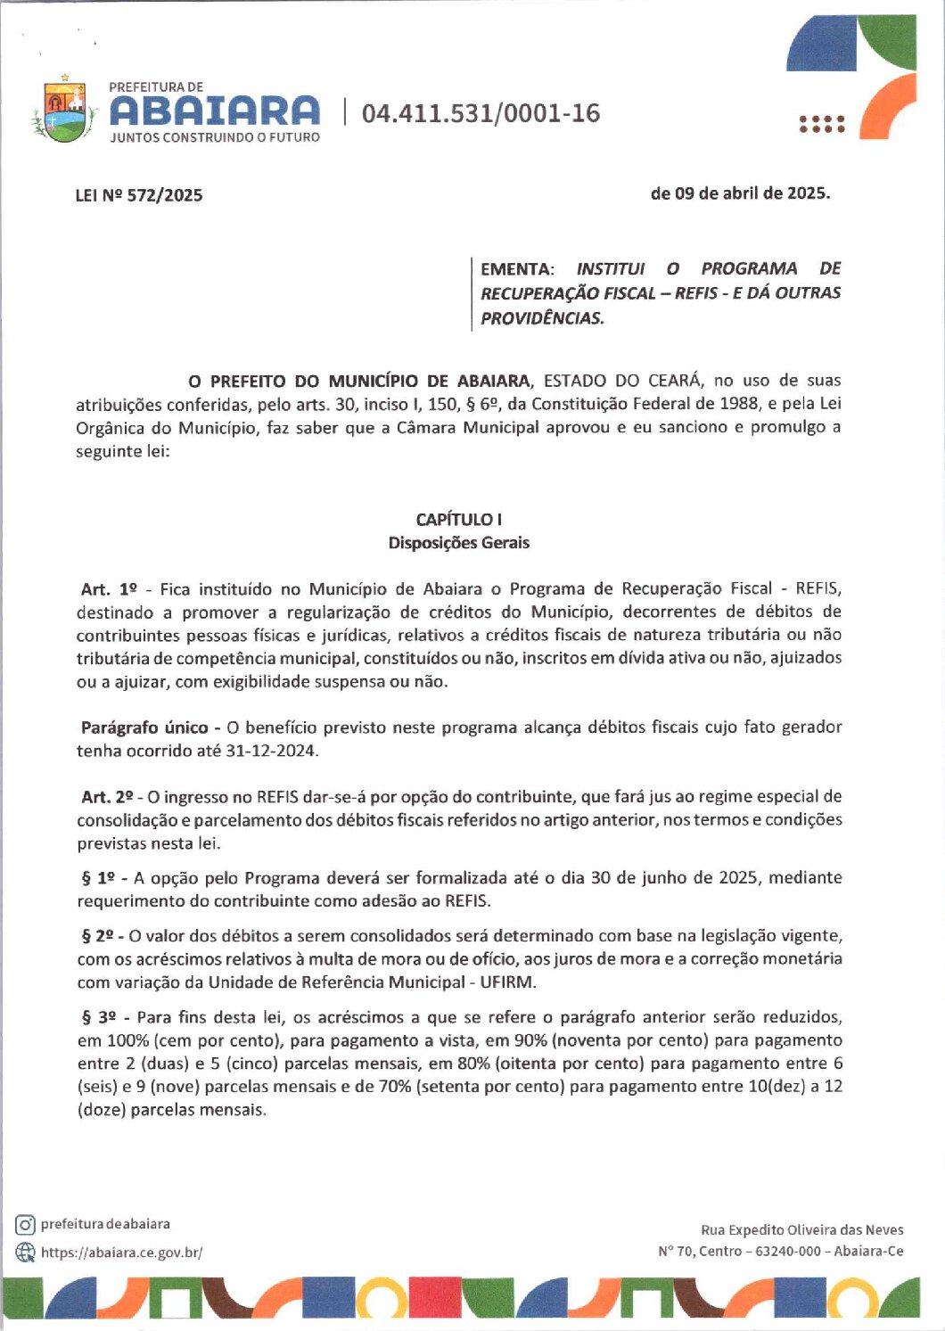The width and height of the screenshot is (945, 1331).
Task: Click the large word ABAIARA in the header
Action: click(x=214, y=111)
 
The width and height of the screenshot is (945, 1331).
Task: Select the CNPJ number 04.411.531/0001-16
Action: click(x=481, y=113)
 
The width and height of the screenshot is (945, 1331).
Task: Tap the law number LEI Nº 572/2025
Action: click(x=139, y=195)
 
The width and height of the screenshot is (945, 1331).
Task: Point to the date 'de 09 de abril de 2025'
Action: click(x=740, y=193)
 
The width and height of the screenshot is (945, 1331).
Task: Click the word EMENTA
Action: click(x=516, y=269)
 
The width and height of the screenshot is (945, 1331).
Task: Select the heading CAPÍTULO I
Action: click(x=458, y=519)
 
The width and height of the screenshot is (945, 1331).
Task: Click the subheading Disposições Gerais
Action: click(x=458, y=542)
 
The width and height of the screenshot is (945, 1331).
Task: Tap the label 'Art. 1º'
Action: click(x=108, y=589)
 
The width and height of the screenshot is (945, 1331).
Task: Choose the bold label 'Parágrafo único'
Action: click(x=144, y=727)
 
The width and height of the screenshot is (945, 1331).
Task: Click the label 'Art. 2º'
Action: click(x=107, y=796)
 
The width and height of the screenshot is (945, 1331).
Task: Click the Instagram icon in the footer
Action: click(x=25, y=1225)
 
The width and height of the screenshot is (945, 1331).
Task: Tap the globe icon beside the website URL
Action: click(x=25, y=1252)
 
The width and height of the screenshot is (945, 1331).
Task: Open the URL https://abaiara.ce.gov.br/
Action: click(x=122, y=1253)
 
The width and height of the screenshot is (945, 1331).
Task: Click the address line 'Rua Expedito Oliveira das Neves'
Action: click(x=801, y=1229)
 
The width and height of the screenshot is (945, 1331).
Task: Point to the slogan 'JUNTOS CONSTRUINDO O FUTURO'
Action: click(x=214, y=138)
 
